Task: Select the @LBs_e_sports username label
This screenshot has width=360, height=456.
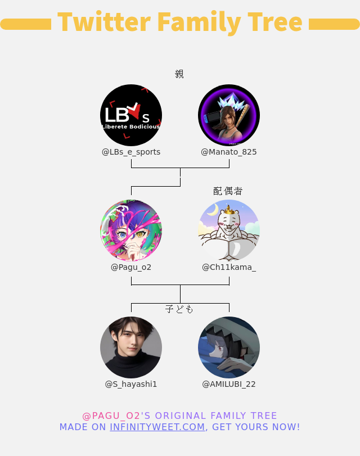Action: tap(131, 152)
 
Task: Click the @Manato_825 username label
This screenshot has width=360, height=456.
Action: tap(229, 152)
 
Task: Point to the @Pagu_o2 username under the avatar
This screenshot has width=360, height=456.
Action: tap(131, 267)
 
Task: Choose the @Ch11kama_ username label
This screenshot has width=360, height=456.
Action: tap(229, 267)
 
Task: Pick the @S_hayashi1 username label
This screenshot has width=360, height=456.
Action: tap(131, 384)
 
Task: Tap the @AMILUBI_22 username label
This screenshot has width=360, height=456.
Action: tap(229, 384)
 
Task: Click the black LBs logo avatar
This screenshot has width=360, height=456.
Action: tap(131, 115)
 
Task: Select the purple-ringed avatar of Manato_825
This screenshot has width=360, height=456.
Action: tap(229, 115)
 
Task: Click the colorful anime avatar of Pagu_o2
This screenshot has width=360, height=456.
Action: tap(131, 231)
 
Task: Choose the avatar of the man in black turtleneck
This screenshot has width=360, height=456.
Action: tap(131, 347)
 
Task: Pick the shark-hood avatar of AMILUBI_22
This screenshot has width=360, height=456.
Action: tap(229, 347)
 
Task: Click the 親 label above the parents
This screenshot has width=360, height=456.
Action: tap(179, 74)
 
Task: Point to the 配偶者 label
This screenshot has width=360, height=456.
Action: tap(228, 191)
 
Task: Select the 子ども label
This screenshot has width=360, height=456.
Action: tap(179, 309)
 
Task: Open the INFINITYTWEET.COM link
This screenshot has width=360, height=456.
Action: tap(157, 427)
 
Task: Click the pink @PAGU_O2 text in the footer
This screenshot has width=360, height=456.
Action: tap(111, 416)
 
